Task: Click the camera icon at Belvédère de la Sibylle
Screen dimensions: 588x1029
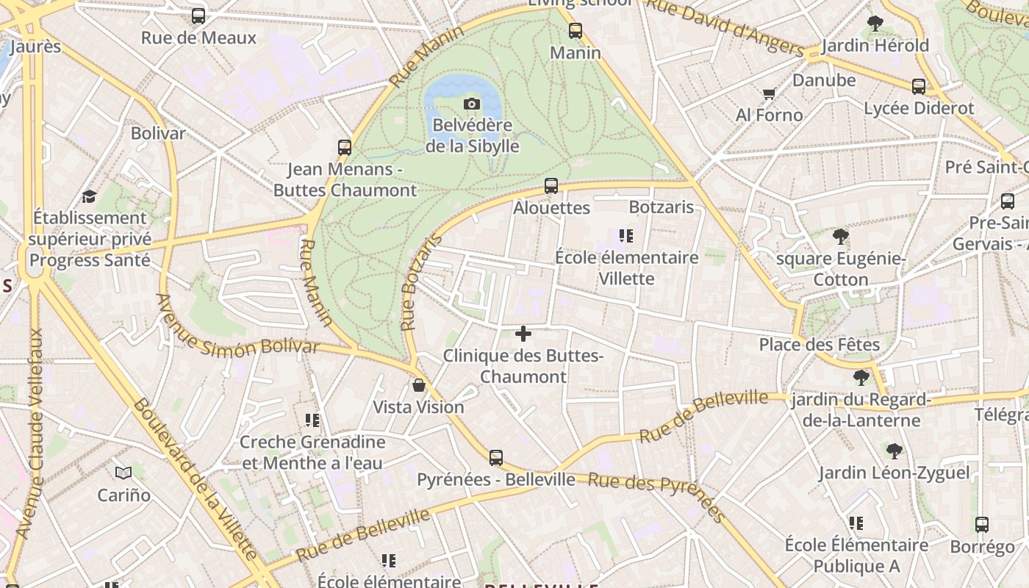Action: [x=472, y=104]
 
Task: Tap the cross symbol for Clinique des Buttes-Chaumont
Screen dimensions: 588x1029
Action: [x=523, y=334]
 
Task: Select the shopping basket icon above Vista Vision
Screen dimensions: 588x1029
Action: [x=419, y=385]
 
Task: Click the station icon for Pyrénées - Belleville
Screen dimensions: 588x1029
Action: [x=496, y=458]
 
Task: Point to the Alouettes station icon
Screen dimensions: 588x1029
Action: [x=551, y=186]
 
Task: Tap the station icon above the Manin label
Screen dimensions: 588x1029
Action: [x=576, y=31]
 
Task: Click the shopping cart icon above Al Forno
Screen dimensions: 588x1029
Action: [x=770, y=93]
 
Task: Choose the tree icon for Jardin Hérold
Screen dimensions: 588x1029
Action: [x=875, y=24]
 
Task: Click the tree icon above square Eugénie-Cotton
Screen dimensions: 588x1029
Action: [x=841, y=237]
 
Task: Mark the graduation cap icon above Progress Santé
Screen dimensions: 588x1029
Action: [x=90, y=196]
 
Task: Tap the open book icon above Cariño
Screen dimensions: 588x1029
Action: [x=123, y=473]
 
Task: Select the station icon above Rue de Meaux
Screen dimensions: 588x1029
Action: [x=198, y=16]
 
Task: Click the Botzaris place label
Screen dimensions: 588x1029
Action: [x=661, y=207]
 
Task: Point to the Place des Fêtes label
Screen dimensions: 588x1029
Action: [x=819, y=344]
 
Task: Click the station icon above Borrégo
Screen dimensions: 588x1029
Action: [x=982, y=525]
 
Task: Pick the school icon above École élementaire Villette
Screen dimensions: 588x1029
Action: [x=626, y=236]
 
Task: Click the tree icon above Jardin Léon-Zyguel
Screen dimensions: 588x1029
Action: [x=894, y=451]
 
